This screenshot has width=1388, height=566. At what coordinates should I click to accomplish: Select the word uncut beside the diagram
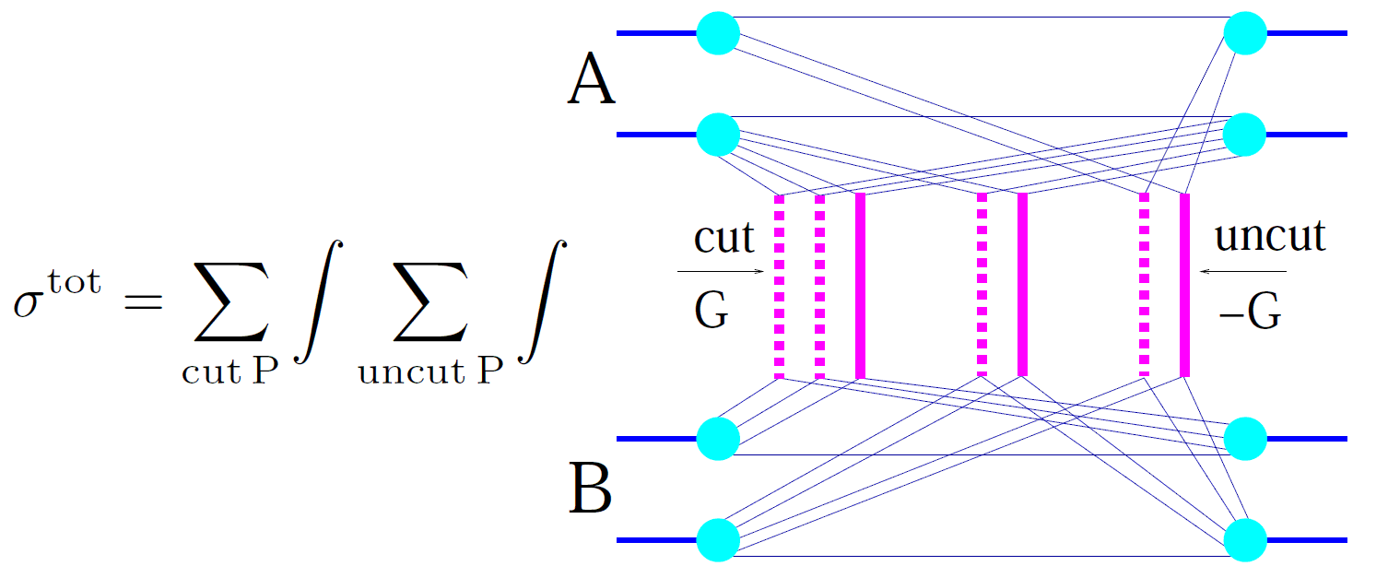click(1270, 237)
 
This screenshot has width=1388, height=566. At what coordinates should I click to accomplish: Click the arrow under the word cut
click(720, 272)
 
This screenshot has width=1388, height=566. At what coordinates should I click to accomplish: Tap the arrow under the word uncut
click(1244, 272)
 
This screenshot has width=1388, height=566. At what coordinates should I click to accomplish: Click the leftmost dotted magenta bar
click(780, 286)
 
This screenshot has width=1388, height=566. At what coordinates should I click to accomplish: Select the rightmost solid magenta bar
click(1184, 286)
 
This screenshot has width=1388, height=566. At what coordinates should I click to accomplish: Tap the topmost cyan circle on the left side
click(719, 33)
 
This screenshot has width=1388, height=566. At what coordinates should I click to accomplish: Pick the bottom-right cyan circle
click(1246, 539)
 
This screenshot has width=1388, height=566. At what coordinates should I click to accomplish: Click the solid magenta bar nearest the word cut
click(860, 286)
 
